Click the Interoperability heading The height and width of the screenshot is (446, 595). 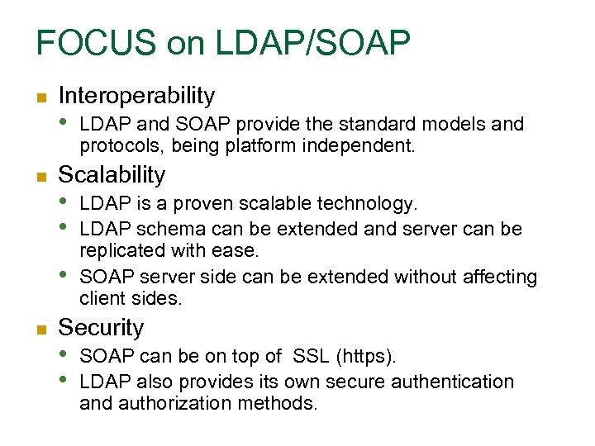point(136,96)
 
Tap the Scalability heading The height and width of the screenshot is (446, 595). point(112,175)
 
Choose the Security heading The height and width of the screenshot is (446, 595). point(101,328)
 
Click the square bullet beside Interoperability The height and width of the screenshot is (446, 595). point(40,97)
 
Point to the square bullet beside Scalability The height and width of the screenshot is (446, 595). point(40,177)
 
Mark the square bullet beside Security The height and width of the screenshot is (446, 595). point(40,330)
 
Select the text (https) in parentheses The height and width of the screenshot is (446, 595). point(366,357)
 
